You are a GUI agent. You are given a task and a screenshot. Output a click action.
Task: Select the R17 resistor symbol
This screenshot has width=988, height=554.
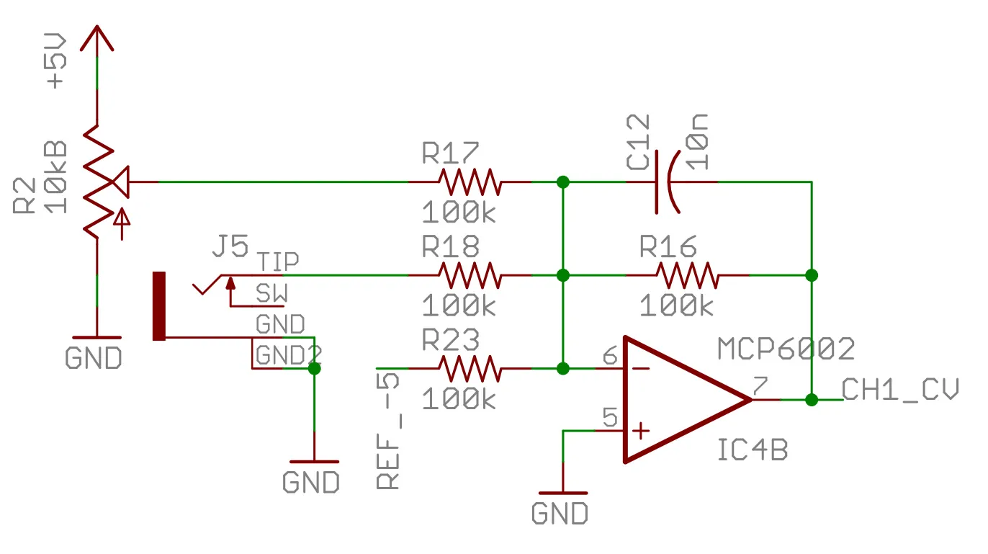[x=470, y=182]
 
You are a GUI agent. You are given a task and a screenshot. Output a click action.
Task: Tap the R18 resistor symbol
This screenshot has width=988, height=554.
[x=470, y=275]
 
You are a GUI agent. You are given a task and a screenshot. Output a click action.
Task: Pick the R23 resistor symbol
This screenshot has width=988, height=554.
[x=470, y=368]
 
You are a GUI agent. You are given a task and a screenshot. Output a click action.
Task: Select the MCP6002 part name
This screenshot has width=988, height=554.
[x=786, y=349]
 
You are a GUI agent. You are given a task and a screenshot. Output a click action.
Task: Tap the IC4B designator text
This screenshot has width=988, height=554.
[x=753, y=450]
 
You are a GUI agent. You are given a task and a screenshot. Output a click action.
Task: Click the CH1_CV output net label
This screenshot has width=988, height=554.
[x=900, y=390]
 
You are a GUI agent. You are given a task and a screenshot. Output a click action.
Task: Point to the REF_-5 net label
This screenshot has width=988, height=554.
[x=389, y=431]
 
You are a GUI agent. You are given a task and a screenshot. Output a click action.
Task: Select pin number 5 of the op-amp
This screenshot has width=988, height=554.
[x=610, y=418]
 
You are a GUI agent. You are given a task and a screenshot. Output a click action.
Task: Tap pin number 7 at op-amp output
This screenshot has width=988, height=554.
[x=759, y=386]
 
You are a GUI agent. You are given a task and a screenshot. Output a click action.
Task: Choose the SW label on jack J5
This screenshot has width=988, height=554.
[x=271, y=294]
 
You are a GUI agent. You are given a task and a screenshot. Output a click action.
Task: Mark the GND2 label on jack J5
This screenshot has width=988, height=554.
[x=288, y=355]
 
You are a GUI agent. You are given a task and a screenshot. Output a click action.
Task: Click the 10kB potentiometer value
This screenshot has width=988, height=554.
[x=56, y=177]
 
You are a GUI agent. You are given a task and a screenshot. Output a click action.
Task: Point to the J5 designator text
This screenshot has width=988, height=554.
[x=230, y=247]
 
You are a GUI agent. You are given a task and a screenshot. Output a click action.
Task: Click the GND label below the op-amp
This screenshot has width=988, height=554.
[x=560, y=514]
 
